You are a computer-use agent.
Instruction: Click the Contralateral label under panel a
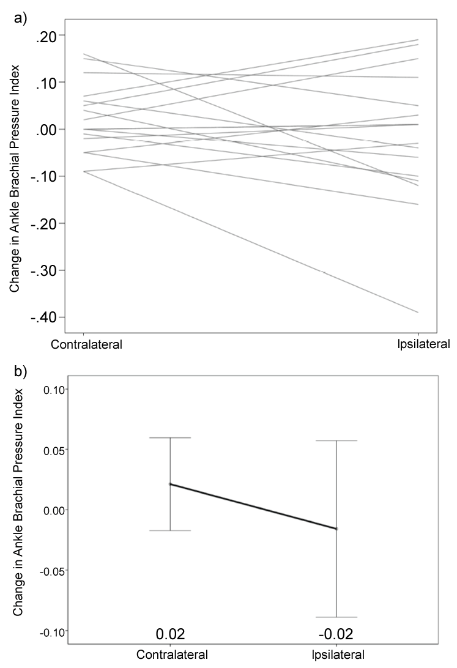point(86,343)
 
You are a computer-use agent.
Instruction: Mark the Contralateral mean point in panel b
point(170,484)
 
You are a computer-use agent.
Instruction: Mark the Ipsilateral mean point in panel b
point(336,529)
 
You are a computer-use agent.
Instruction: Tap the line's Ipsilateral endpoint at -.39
point(418,313)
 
